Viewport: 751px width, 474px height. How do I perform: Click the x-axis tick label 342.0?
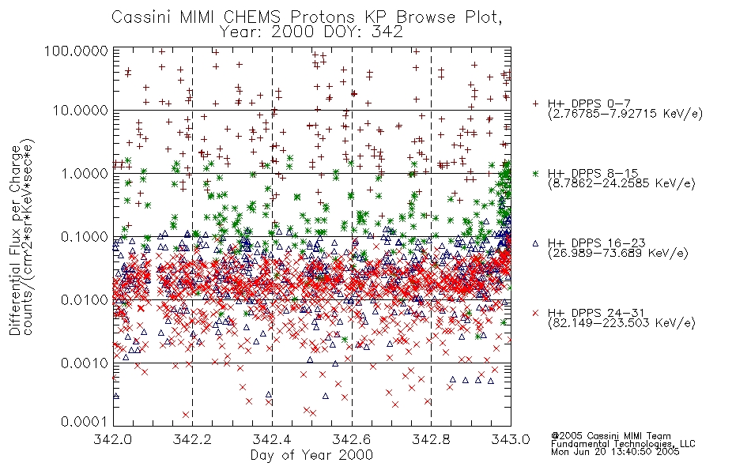click(113, 439)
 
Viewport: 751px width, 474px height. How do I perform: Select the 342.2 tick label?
click(193, 439)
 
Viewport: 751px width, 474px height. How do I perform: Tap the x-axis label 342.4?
click(272, 439)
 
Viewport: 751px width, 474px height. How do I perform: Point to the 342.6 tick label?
click(352, 439)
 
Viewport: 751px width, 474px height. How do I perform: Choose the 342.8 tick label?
click(431, 439)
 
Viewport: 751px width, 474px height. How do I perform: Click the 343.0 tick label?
click(511, 439)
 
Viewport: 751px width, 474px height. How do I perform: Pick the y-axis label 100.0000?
click(76, 51)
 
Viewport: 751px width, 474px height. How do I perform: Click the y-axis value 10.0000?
click(81, 111)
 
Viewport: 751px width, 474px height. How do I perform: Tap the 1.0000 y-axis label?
click(85, 173)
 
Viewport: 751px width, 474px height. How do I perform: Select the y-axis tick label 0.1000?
click(85, 236)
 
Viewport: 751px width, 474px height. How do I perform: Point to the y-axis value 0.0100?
click(85, 300)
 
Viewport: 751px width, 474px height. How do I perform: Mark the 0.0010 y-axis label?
click(85, 363)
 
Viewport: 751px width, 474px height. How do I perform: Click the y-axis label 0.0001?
click(85, 422)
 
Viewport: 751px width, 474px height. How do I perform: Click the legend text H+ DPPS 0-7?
click(590, 103)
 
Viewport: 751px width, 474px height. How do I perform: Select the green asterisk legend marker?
click(535, 173)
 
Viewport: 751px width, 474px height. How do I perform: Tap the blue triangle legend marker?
click(535, 243)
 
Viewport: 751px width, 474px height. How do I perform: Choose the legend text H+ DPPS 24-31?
click(596, 313)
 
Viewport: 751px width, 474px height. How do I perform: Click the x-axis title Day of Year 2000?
click(311, 455)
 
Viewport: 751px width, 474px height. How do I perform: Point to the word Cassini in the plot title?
click(142, 17)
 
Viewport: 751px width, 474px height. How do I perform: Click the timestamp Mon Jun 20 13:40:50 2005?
click(615, 452)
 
